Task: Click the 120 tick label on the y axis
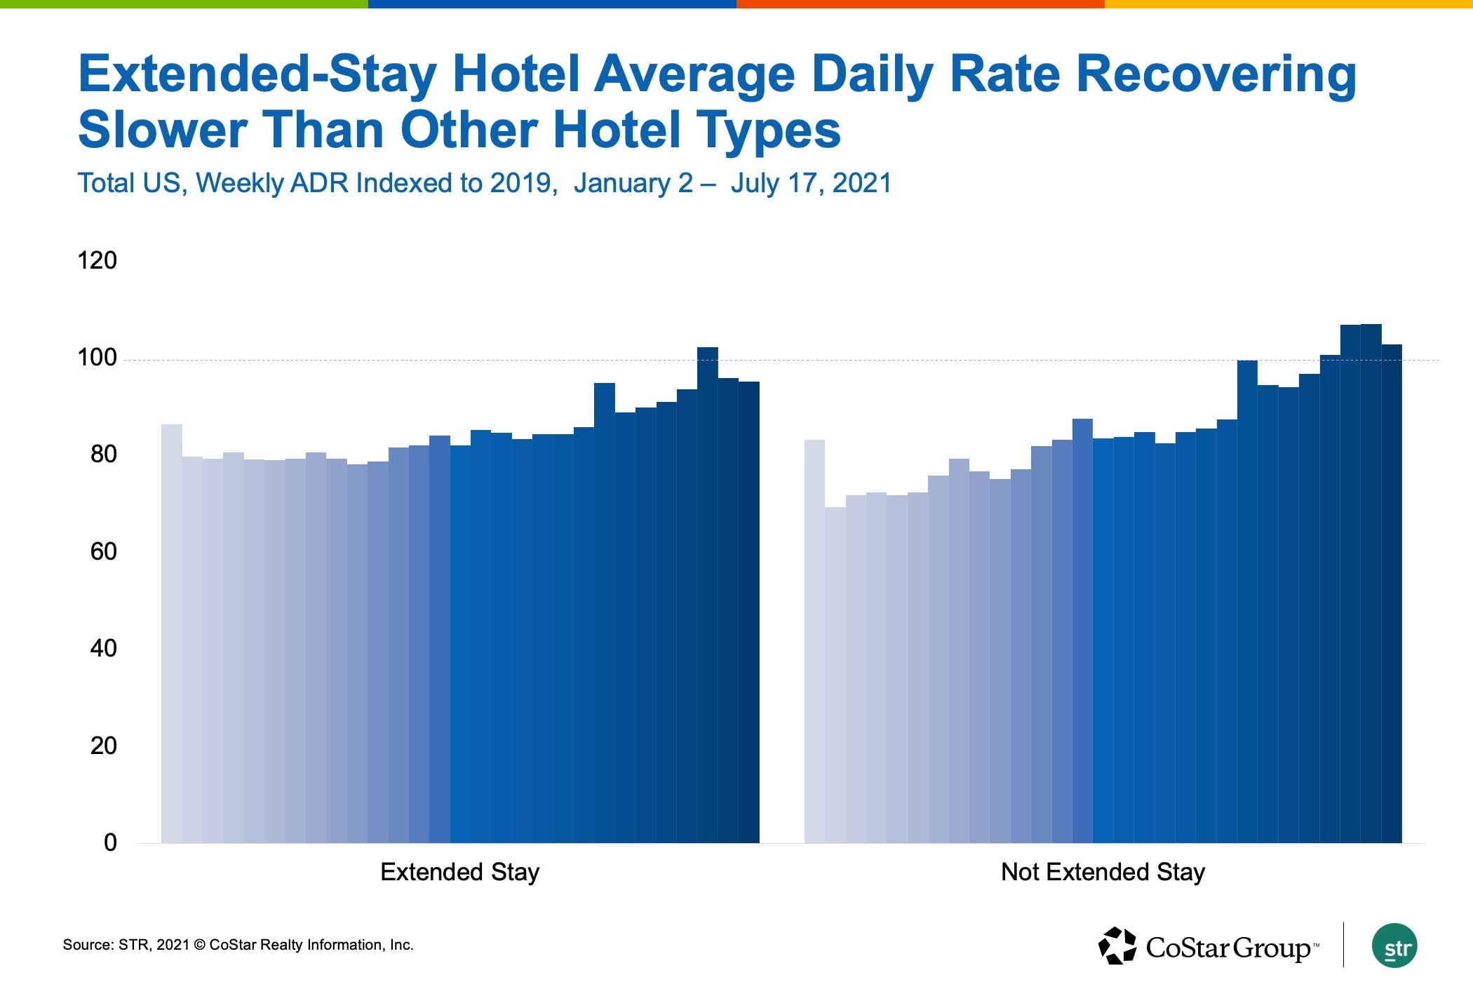[97, 260]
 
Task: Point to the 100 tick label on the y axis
[97, 358]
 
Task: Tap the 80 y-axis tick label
[103, 455]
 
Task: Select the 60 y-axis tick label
[103, 551]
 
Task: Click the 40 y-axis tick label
[103, 648]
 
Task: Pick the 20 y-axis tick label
[103, 746]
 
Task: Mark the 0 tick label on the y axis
[110, 842]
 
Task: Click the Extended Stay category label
[459, 872]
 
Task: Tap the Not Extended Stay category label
[1103, 872]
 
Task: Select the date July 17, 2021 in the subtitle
[811, 183]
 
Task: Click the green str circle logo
[1394, 946]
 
